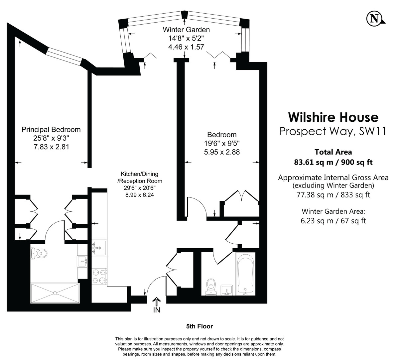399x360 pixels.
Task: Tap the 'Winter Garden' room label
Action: (186, 30)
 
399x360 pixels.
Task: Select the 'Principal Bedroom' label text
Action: (51, 130)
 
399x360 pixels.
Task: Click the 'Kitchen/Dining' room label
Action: (139, 174)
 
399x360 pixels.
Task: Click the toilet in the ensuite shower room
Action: (39, 254)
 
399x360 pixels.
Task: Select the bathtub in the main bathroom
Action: (245, 274)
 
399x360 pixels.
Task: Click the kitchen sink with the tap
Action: (99, 248)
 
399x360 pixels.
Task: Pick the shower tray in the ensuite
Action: (55, 293)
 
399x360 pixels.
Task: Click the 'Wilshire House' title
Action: (333, 117)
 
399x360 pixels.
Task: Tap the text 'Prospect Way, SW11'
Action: (333, 131)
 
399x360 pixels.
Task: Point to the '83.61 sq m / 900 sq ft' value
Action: (333, 162)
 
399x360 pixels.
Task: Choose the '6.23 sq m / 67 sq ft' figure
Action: (333, 221)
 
